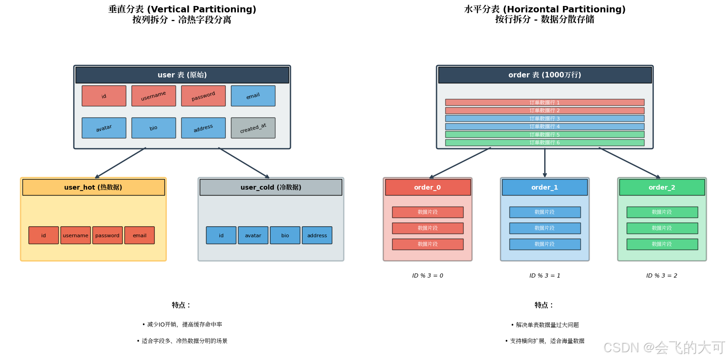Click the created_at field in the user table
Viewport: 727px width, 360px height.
pos(253,128)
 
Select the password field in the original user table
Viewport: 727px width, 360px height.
pos(203,96)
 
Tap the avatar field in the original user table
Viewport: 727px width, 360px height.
pos(104,128)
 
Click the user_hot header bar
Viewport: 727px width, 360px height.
pos(93,187)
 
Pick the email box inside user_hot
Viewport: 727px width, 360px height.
pos(139,235)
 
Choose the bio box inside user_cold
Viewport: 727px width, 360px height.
pos(285,235)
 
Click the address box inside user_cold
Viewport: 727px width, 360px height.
pos(317,235)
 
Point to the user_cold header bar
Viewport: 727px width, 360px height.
pos(271,187)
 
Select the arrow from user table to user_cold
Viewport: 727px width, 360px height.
pos(244,163)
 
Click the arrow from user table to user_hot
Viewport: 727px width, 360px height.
pos(120,163)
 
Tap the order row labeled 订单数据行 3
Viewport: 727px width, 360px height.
pos(545,119)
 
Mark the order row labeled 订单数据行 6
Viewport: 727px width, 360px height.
pos(545,142)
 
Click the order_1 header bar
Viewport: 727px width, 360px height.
pos(545,187)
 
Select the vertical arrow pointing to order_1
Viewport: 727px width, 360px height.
pos(545,163)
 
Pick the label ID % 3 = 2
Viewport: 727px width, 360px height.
pos(661,276)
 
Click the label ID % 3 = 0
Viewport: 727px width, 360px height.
pos(427,276)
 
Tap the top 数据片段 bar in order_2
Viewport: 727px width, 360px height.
pos(662,212)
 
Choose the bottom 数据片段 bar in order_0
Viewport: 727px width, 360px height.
pos(427,244)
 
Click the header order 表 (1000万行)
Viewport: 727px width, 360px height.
pos(545,75)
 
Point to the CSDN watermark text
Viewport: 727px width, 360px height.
pos(664,348)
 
